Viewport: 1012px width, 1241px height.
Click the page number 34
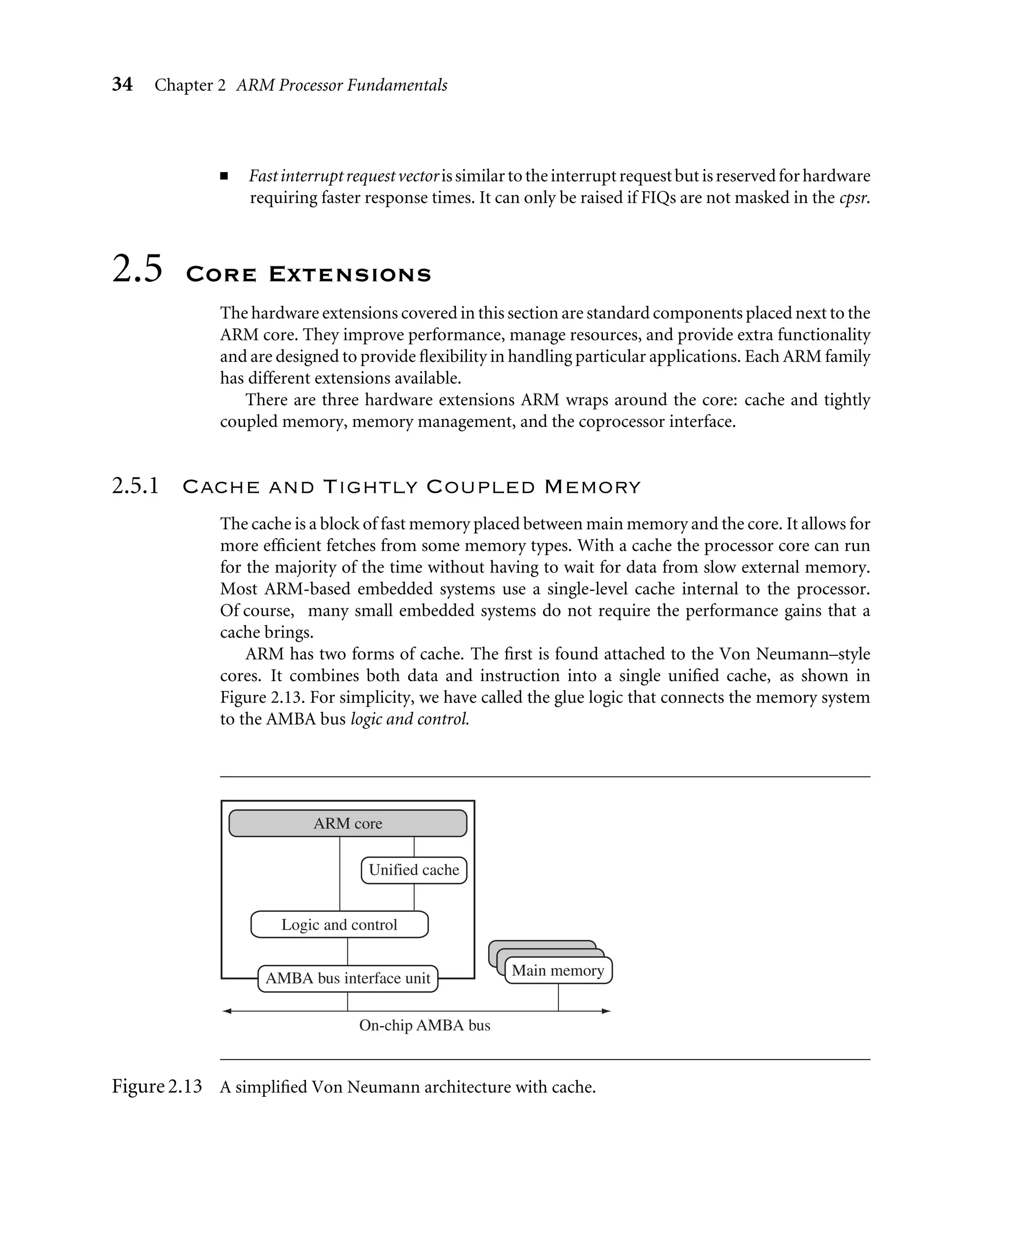coord(122,85)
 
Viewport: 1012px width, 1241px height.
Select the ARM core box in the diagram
coord(347,823)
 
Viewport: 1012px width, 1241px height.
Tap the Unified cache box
coord(414,870)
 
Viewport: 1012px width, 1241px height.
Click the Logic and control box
coord(339,925)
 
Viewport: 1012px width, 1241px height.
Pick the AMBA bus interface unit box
coord(347,978)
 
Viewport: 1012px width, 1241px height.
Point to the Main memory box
coord(558,971)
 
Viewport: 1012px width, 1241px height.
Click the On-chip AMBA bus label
coord(424,1026)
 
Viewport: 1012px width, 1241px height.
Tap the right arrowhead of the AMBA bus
coord(606,1011)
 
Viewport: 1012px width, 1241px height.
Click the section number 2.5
coord(137,269)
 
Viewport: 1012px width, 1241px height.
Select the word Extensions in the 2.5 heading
coord(350,274)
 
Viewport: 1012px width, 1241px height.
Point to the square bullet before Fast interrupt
coord(224,176)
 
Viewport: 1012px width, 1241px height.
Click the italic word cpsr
coord(854,198)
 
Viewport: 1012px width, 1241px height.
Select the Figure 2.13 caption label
coord(156,1086)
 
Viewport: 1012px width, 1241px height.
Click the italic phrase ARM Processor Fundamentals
coord(341,85)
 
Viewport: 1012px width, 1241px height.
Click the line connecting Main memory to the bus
coord(558,997)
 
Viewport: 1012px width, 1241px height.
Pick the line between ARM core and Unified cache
coord(414,847)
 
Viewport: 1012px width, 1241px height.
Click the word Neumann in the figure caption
coord(383,1087)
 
